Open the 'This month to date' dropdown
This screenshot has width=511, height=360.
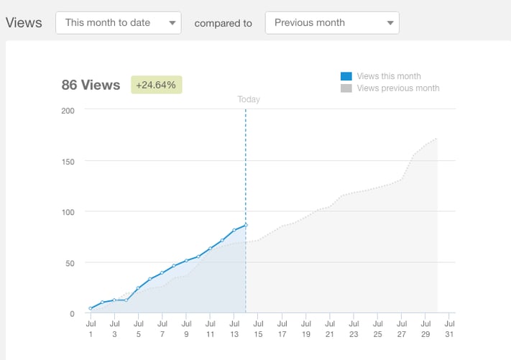[x=118, y=23]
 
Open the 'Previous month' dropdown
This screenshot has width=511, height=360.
[x=331, y=23]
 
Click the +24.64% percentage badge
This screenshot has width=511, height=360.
[x=156, y=85]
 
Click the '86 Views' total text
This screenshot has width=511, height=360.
[x=91, y=85]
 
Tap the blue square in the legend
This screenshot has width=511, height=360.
[x=346, y=76]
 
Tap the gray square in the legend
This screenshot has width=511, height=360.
[x=346, y=88]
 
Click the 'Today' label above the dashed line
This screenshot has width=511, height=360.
[x=248, y=100]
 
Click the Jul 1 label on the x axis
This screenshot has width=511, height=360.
[x=91, y=329]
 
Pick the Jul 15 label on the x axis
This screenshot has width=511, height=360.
[x=257, y=329]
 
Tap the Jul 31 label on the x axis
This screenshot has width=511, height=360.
[x=448, y=329]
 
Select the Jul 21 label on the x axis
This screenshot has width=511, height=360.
[x=329, y=329]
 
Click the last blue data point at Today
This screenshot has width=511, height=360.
[x=246, y=226]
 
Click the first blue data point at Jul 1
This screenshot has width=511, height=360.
[x=91, y=308]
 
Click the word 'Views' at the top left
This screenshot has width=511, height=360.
[x=24, y=23]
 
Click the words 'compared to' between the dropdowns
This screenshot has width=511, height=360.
[x=223, y=23]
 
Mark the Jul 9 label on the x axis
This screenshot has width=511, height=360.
[x=186, y=329]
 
